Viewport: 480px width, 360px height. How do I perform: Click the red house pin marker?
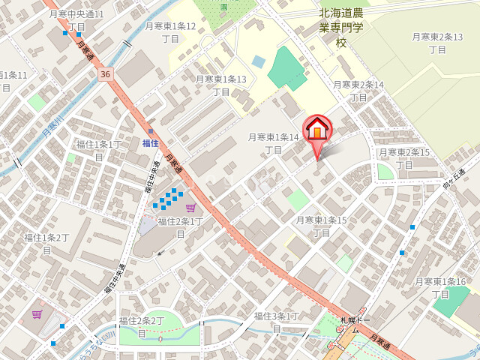pos(316,129)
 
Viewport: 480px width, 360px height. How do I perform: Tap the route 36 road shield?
pos(104,74)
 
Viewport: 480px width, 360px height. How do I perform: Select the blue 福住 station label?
pos(150,142)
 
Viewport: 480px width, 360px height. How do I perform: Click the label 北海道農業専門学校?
pos(341,27)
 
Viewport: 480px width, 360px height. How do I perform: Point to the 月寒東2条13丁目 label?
pos(437,43)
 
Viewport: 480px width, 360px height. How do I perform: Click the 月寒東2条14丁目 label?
pos(358,91)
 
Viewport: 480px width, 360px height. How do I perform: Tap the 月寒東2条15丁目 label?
pos(404,158)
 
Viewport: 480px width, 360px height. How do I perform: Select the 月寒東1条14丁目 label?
pos(274,143)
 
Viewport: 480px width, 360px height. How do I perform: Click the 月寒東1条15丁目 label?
pos(321,226)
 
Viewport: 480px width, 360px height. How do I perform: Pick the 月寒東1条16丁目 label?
pos(440,287)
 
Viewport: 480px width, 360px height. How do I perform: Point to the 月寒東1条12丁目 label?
pos(170,32)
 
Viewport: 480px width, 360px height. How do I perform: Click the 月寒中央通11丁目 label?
pos(76,20)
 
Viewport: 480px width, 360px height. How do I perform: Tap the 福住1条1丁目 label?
pos(98,150)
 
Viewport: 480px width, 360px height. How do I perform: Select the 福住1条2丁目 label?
pos(46,244)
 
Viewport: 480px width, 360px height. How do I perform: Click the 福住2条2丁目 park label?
pos(142,326)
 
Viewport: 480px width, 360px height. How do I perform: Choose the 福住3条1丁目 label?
pos(277,322)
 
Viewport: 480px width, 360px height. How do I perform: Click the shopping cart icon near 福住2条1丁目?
pos(190,208)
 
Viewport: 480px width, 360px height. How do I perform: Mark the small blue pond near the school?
pos(259,61)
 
